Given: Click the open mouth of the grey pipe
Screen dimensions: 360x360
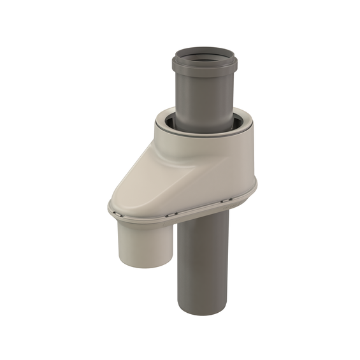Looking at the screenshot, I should coord(205,55).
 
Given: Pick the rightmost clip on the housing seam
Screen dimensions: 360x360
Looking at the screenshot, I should coord(225,201).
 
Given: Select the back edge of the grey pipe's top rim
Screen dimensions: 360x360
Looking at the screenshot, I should coord(205,48).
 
